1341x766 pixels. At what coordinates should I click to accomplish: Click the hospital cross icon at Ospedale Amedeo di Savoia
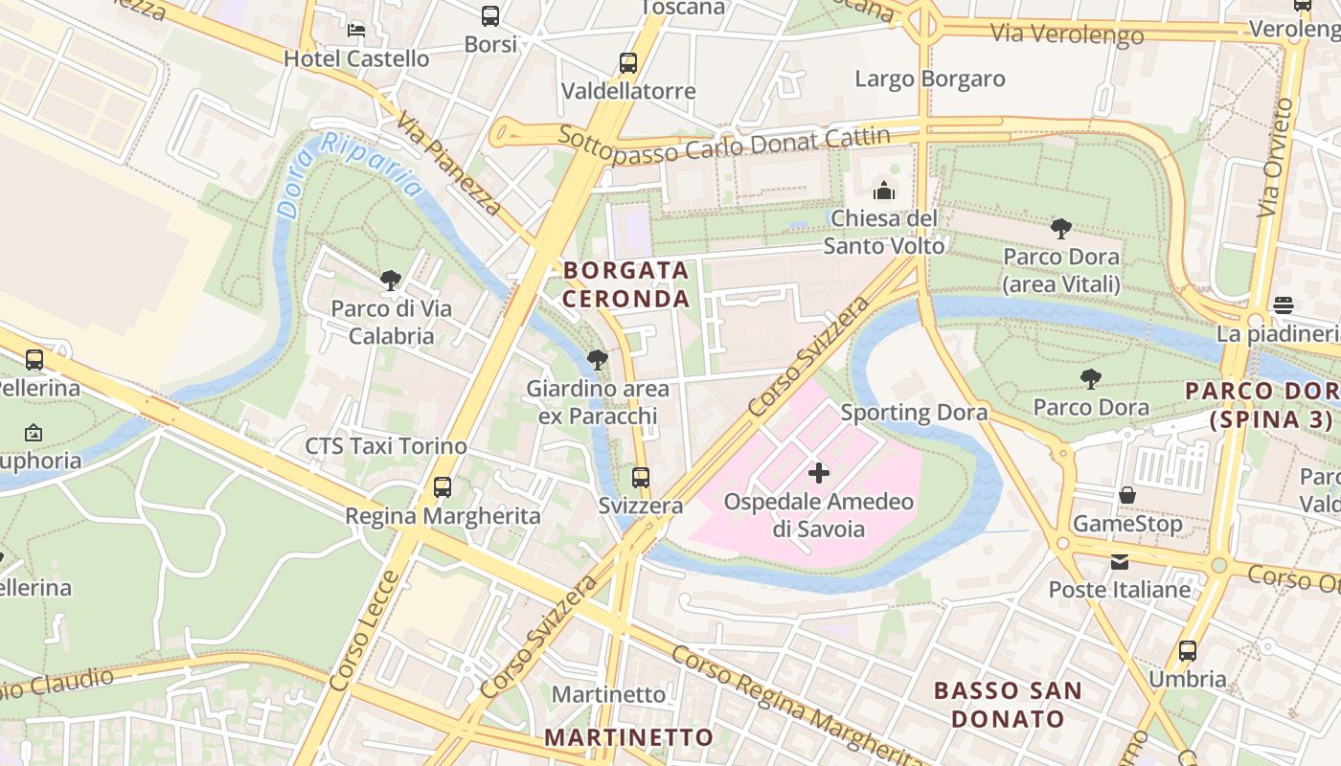[819, 472]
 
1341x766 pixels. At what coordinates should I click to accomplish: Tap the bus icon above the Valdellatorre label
[627, 63]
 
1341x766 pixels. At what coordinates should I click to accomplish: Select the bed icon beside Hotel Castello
[356, 31]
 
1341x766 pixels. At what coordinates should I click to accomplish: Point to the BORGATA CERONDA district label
[625, 284]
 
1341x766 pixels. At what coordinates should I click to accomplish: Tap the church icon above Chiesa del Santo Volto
[884, 191]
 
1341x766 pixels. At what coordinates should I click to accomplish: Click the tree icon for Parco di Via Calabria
[390, 281]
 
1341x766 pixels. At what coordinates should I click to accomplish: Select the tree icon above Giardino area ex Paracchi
[597, 360]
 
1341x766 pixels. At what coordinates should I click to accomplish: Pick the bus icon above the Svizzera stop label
[640, 477]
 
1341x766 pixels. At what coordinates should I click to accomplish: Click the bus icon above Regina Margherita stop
[442, 486]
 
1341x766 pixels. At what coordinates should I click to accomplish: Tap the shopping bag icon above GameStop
[1127, 495]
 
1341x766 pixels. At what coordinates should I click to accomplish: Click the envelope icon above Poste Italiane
[1119, 561]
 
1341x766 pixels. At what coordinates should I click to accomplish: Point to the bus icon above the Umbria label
[1187, 651]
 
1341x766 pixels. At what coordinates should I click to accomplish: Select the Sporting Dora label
[914, 413]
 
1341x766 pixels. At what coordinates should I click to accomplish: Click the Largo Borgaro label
[929, 79]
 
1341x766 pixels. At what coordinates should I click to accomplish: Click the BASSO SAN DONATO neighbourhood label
[1008, 704]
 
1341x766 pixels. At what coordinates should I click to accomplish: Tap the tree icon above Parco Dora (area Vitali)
[1060, 229]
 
